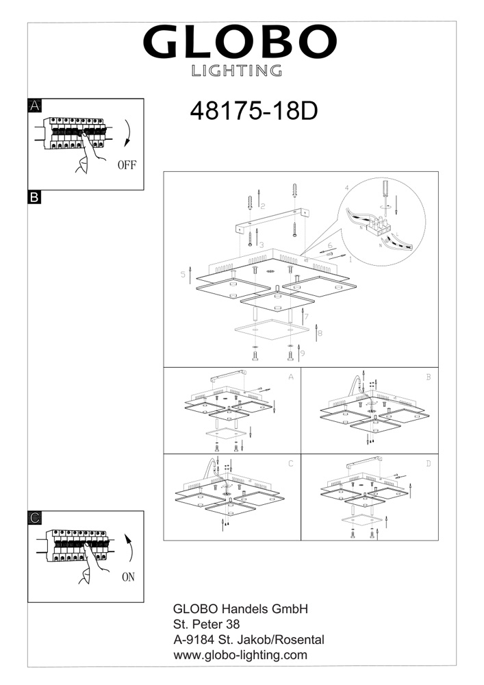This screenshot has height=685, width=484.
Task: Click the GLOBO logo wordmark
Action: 240,42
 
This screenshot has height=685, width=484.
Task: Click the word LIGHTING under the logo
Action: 237,71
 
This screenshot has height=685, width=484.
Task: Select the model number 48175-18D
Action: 253,112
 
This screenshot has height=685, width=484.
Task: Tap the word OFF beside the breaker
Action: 127,165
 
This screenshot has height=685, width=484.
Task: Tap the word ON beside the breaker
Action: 128,577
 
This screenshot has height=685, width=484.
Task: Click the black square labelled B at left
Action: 34,197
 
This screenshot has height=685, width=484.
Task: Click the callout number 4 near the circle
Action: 346,188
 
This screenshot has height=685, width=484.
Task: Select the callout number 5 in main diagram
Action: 183,275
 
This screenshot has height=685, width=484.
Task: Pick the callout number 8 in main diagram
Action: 320,334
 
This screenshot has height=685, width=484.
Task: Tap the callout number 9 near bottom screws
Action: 303,353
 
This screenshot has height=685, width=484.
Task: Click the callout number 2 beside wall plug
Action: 263,206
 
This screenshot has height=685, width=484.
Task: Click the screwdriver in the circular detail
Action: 385,195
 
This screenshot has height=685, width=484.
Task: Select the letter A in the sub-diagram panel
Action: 291,377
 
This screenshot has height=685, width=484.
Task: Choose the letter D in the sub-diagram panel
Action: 428,464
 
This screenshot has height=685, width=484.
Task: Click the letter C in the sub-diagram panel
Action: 291,464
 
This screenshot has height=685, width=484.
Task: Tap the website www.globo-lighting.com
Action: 240,655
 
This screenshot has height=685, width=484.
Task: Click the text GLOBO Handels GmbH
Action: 240,608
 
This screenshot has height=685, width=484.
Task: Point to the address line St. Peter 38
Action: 207,624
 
